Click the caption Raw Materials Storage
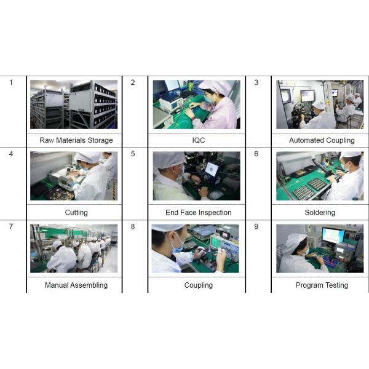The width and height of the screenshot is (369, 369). click(76, 140)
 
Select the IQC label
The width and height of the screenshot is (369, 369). click(199, 140)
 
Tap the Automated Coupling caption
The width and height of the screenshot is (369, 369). click(322, 140)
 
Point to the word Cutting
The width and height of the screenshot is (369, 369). click(76, 213)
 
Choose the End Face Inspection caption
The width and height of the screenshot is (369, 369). click(199, 213)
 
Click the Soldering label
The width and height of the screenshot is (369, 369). click(320, 213)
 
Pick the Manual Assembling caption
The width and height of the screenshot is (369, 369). click(76, 285)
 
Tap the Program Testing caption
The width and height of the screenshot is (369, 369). click(322, 285)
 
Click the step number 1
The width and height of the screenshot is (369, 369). click(11, 82)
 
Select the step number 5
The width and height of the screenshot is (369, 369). click(133, 154)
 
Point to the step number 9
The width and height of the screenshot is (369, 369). click(256, 226)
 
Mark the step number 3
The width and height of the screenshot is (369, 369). click(256, 82)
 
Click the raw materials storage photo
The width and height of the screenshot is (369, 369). click(74, 105)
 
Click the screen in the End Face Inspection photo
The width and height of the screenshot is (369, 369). click(212, 169)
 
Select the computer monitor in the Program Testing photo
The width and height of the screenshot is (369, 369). click(334, 236)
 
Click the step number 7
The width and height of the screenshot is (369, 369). click(11, 226)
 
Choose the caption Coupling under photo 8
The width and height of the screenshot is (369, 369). click(199, 285)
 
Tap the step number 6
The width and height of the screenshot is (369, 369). click(256, 154)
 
